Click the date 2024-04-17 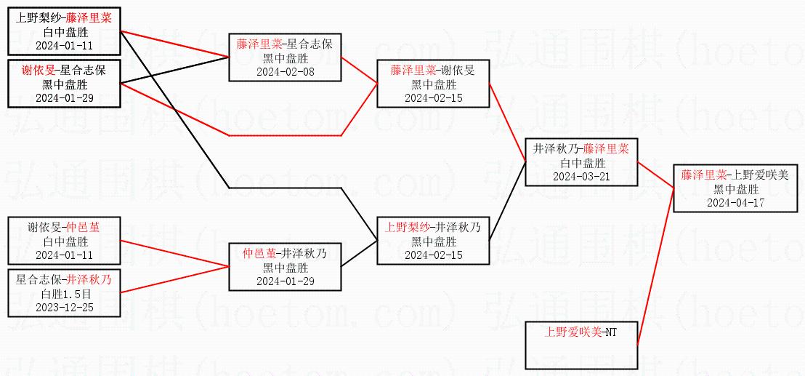point(735,202)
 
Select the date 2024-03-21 point(581,177)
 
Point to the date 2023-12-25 point(65,307)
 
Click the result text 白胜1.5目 point(65,294)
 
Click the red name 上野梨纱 point(408,226)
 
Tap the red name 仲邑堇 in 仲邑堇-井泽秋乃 point(259,254)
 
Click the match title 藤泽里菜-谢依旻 point(432,71)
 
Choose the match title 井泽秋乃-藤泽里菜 point(581,148)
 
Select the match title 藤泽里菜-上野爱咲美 point(735,175)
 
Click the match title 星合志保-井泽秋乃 point(65,280)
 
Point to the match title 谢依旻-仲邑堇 point(65,228)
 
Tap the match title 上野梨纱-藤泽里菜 point(65,18)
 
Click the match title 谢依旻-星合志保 point(65,71)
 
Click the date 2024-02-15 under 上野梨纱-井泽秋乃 point(432,255)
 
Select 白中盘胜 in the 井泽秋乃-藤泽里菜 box point(581,163)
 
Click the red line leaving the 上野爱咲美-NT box point(654,269)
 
